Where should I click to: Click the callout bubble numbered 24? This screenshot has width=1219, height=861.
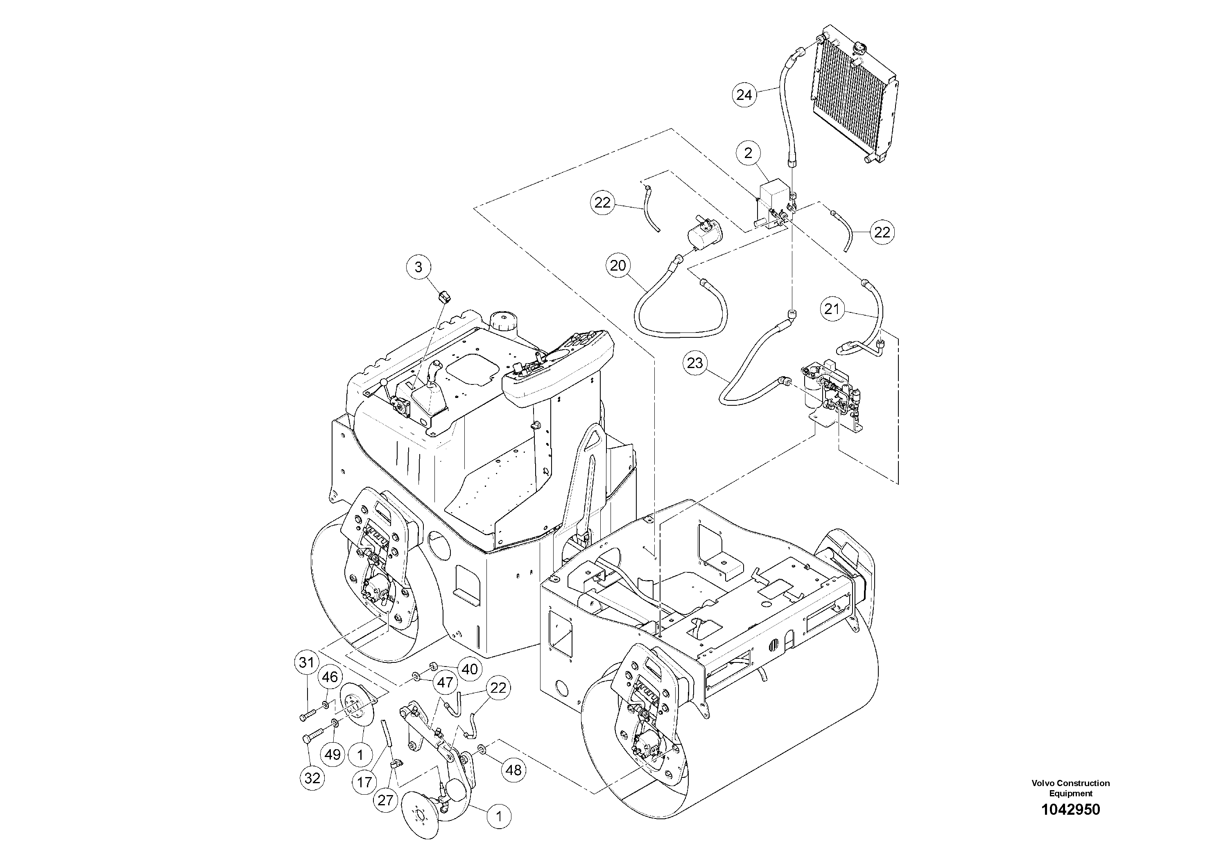[744, 95]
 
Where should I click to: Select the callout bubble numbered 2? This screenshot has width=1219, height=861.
[748, 154]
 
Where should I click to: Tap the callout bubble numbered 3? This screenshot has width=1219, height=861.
[418, 267]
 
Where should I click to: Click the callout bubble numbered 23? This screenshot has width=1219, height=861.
[694, 363]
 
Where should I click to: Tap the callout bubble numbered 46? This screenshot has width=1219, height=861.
[330, 677]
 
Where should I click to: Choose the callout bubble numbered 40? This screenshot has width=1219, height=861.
[469, 669]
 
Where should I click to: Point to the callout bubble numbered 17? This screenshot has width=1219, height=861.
[365, 782]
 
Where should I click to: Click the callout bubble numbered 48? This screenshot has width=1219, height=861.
[513, 770]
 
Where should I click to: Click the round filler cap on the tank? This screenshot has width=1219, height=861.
[501, 321]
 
